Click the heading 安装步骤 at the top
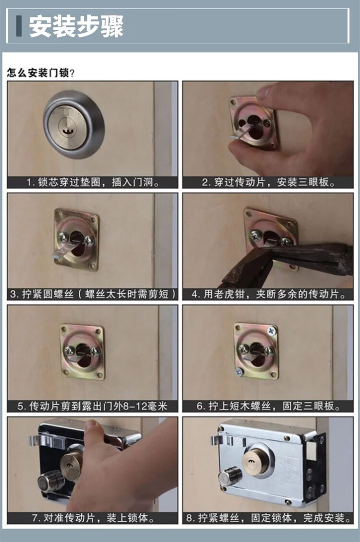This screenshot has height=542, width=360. tap(76, 26)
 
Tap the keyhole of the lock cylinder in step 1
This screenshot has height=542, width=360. tap(66, 131)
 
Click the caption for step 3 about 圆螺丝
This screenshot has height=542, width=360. tap(93, 294)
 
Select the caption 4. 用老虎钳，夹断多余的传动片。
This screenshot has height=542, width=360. tap(268, 294)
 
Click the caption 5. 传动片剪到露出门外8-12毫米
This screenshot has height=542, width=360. tap(93, 406)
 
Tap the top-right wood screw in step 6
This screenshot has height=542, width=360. tap(272, 331)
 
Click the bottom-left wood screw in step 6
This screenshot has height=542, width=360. tap(239, 372)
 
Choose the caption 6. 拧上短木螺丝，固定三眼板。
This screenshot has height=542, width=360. tap(268, 406)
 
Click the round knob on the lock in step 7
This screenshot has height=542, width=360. tap(51, 481)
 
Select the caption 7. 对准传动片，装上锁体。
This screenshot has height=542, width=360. tap(93, 518)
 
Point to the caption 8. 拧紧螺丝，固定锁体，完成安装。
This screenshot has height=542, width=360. tap(268, 518)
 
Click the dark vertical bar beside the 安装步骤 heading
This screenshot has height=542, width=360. tap(19, 26)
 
